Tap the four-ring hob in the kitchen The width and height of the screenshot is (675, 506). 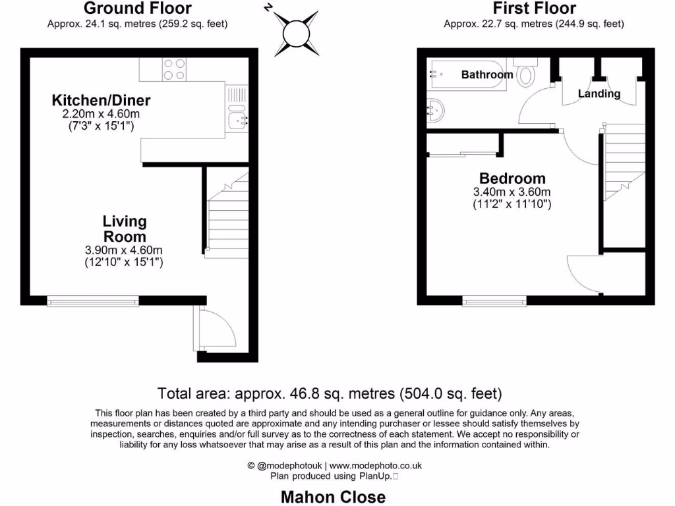[x=174, y=69]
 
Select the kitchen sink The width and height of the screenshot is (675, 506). [x=237, y=119]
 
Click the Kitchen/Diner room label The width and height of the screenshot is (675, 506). [x=102, y=101]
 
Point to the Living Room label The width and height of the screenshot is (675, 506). [x=124, y=229]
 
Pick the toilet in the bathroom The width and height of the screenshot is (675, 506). [x=525, y=74]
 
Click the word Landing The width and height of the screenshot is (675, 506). [x=599, y=94]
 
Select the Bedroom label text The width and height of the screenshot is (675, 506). [x=512, y=178]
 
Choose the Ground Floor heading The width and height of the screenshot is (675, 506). [x=137, y=9]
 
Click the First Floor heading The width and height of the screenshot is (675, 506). [x=534, y=9]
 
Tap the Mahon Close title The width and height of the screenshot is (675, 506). [x=334, y=497]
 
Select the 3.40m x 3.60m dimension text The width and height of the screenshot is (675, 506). [x=512, y=192]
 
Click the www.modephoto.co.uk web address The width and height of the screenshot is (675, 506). [x=376, y=465]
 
